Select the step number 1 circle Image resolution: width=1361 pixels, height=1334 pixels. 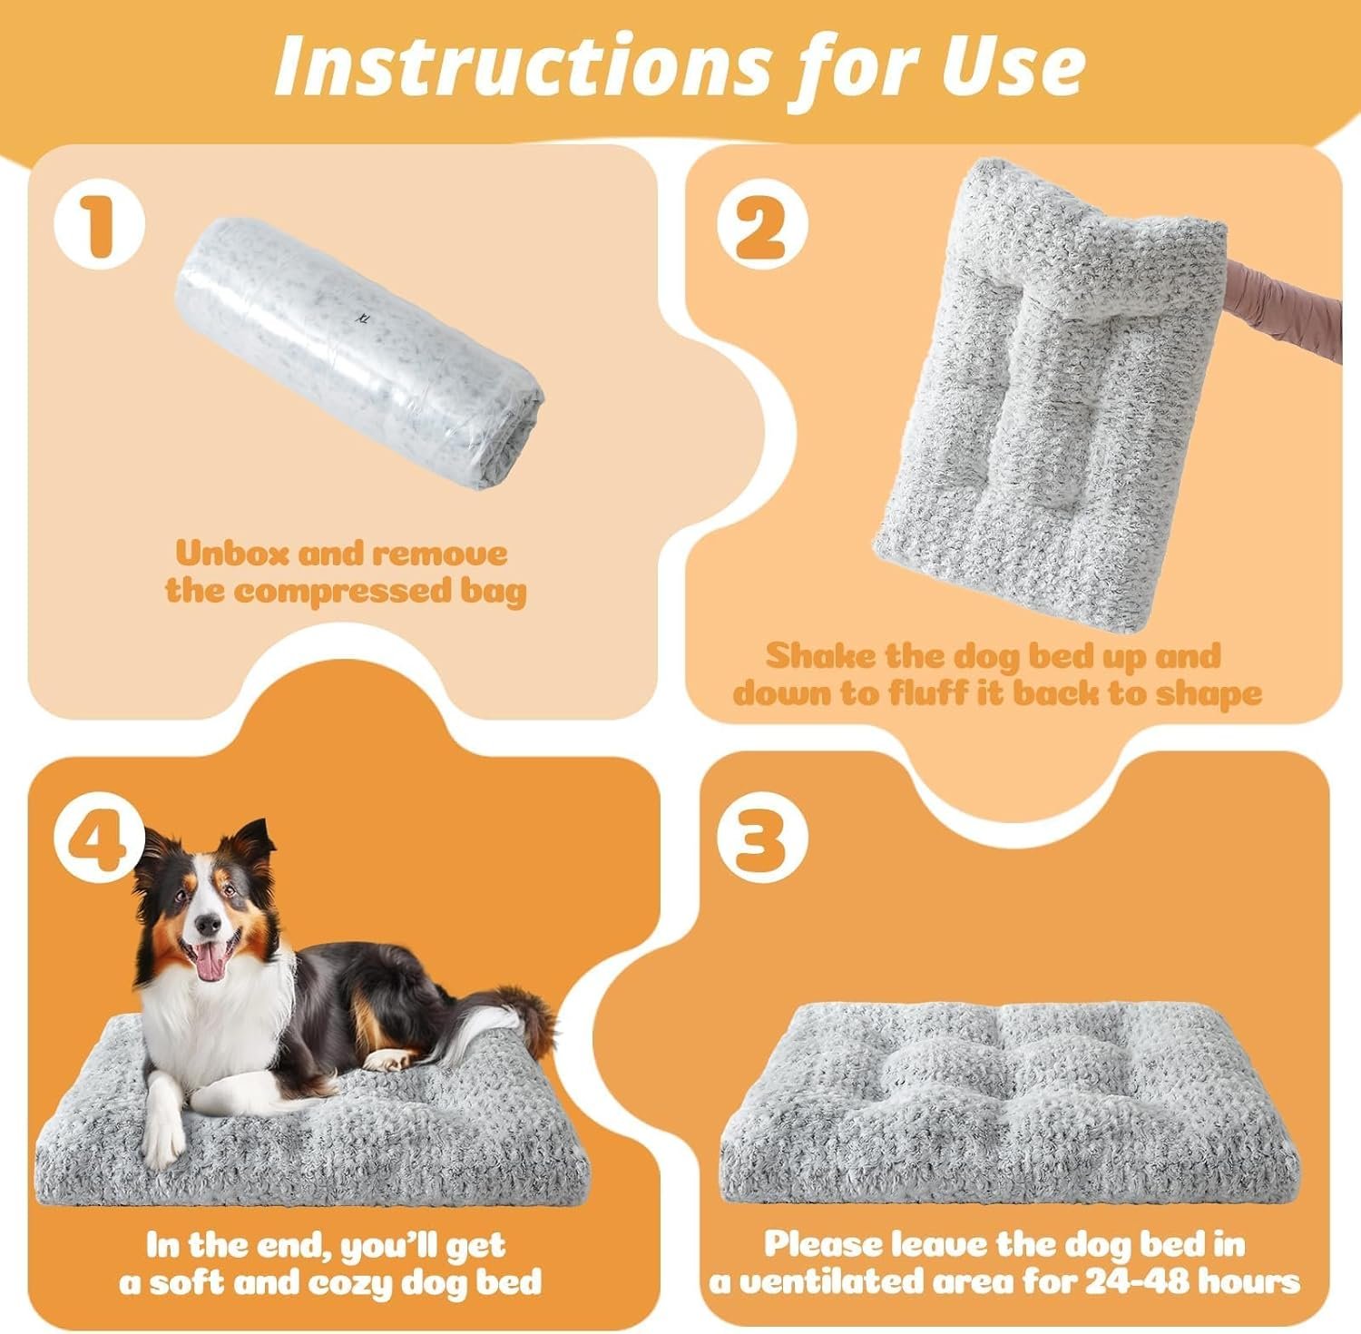click(x=100, y=230)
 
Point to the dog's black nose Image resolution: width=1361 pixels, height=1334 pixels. click(x=208, y=924)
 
